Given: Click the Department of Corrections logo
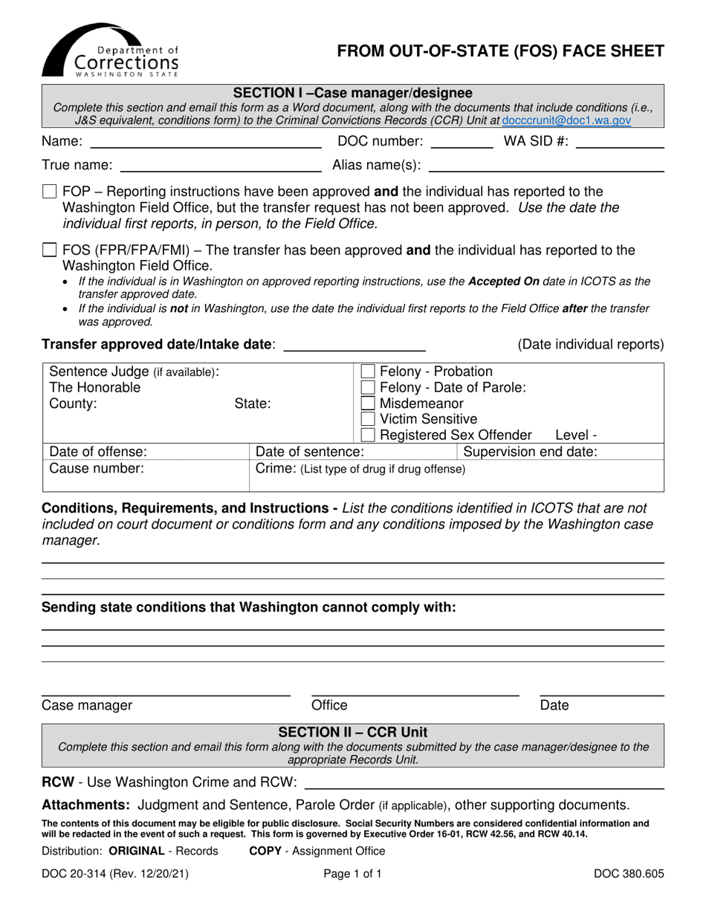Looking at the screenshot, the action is point(109,51).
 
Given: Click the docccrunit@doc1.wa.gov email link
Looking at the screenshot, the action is point(567,120).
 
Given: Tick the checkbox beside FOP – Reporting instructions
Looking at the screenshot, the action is point(50,192).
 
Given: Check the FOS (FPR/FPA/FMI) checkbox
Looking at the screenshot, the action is point(50,250).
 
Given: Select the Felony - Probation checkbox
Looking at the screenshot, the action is point(368,372).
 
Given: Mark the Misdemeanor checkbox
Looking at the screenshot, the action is point(368,403).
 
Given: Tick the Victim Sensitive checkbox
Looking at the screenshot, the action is point(368,419).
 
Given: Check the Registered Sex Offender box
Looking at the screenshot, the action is point(368,435).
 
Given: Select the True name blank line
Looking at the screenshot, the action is point(220,168).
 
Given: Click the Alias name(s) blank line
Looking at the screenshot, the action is point(545,168).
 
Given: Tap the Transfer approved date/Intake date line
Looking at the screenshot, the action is point(354,346).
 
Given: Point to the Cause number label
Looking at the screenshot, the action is point(96,468).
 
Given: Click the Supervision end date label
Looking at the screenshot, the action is point(530,452).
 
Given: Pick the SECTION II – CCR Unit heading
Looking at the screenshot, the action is point(353,732).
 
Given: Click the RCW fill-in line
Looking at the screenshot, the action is point(485,785).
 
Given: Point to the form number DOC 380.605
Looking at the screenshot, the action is point(628,875).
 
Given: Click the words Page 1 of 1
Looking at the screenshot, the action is point(353,875).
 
